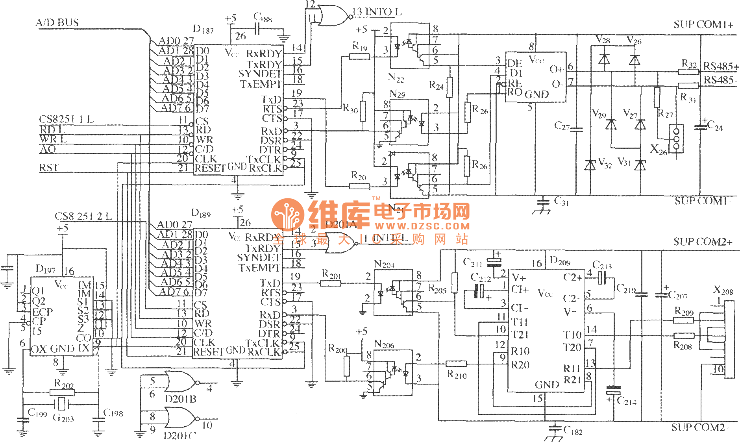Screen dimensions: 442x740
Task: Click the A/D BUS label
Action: (57, 22)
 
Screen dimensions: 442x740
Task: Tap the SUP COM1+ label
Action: (703, 25)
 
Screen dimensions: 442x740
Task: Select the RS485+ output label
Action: (721, 66)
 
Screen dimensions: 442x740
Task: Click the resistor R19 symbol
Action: (359, 56)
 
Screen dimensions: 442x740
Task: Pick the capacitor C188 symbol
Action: (257, 29)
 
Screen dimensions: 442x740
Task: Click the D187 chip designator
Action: (203, 29)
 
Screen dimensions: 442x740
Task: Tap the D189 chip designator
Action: (201, 213)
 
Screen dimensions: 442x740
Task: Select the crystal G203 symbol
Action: (61, 403)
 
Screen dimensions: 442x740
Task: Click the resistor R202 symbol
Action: (62, 392)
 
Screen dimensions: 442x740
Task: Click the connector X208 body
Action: (729, 339)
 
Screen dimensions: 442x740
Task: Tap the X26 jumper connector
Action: (677, 139)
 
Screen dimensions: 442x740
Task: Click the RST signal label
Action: (49, 168)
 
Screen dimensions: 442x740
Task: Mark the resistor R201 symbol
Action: (331, 283)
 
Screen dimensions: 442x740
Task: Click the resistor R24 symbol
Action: (450, 87)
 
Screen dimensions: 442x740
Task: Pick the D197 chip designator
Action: (46, 269)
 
